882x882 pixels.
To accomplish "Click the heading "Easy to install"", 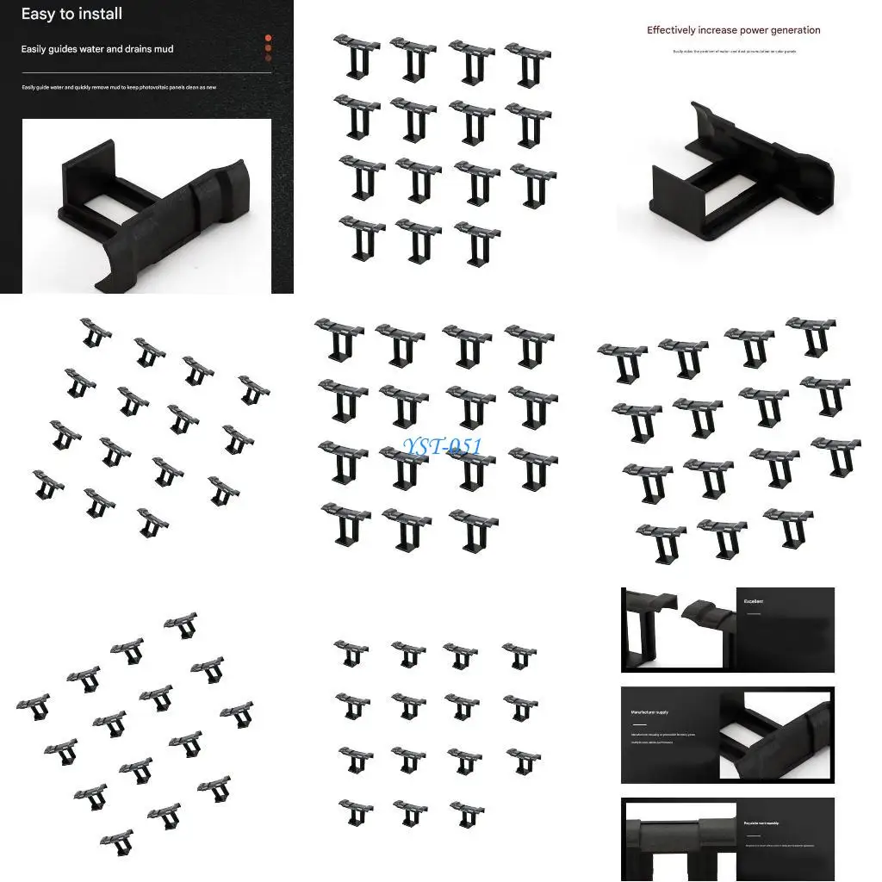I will [x=71, y=14].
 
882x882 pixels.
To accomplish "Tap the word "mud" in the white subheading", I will [x=162, y=49].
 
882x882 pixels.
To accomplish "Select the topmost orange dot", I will [x=269, y=38].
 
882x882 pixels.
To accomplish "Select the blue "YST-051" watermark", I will [x=442, y=446].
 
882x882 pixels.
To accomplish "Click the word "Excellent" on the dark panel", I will [x=754, y=601].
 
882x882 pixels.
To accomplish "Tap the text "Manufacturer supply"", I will [x=649, y=712].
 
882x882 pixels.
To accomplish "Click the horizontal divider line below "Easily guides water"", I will [x=146, y=73].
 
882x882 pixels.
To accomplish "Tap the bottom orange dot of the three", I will [x=269, y=58].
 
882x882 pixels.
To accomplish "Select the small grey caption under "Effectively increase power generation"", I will [x=734, y=52].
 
